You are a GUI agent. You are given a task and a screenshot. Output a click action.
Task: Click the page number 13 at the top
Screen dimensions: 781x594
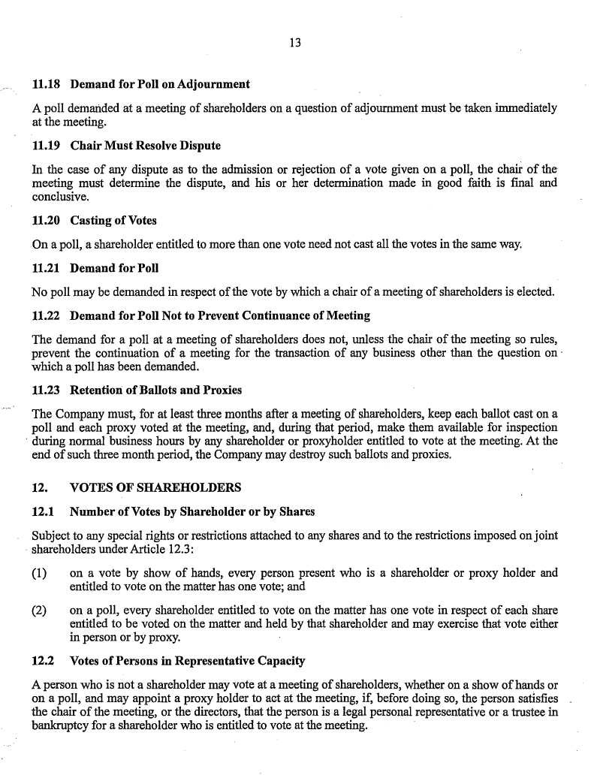coord(295,44)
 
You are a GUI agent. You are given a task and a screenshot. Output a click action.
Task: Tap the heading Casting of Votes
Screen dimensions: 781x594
coord(113,221)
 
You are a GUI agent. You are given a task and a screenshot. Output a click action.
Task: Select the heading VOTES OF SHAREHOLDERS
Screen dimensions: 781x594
coord(155,488)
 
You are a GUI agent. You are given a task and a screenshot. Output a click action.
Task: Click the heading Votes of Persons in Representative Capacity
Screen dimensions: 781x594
coord(187,661)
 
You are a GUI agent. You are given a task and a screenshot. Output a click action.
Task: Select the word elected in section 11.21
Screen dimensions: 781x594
coord(534,292)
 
